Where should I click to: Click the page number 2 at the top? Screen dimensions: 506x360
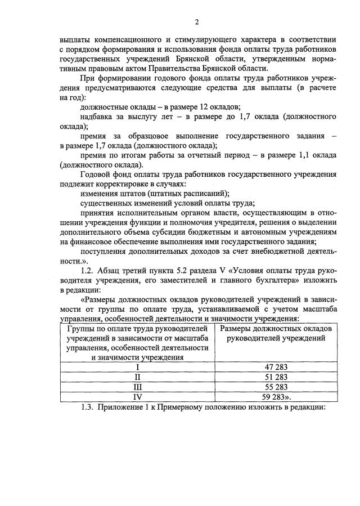pos(197,22)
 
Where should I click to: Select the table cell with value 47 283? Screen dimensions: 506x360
pos(276,367)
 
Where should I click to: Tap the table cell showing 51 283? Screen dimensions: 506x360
pos(276,377)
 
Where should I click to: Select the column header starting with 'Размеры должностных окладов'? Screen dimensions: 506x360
pos(276,333)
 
